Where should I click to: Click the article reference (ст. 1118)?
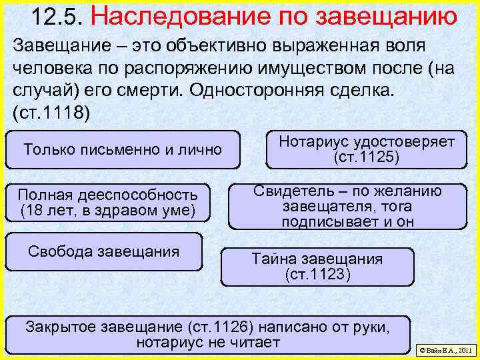[x=50, y=110]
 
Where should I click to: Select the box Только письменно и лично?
[x=123, y=149]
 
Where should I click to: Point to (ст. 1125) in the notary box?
[x=366, y=158]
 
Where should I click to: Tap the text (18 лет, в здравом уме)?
[x=107, y=211]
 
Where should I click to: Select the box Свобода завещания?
[x=104, y=251]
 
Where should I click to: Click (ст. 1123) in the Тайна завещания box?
[x=317, y=274]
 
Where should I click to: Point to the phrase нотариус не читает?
[x=208, y=343]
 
